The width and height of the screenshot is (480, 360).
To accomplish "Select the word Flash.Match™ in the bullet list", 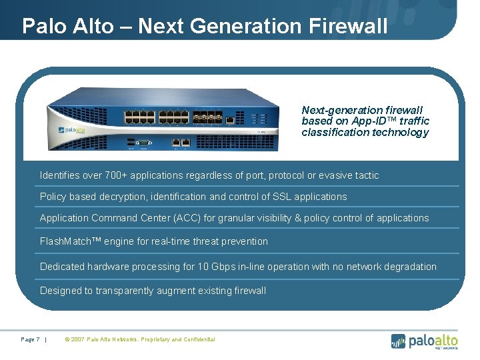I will point(67,241).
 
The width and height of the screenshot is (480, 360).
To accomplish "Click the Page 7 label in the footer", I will point(30,339).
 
